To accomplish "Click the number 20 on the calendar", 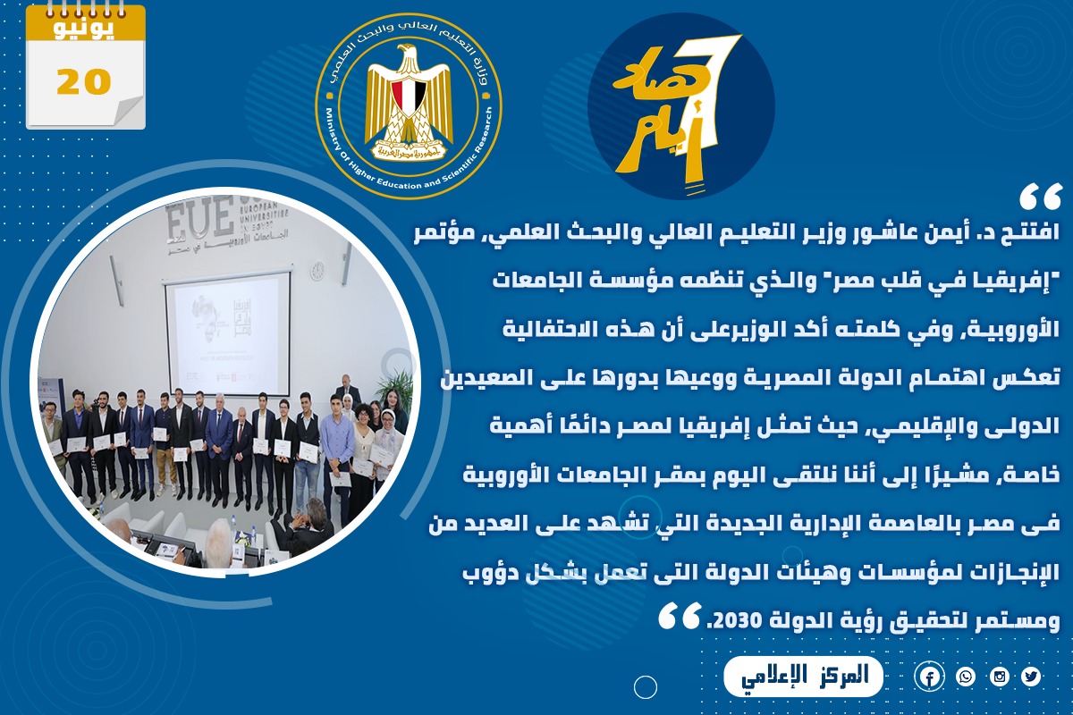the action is [x=84, y=81].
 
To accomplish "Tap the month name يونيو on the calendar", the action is [x=84, y=29].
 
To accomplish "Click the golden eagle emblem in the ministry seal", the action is [x=408, y=102].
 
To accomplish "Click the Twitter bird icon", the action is [x=1030, y=677].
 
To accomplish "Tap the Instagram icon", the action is [x=1000, y=677].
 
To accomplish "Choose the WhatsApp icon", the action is [x=965, y=677].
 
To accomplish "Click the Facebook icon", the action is [x=930, y=677].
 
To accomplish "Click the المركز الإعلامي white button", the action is [x=803, y=677].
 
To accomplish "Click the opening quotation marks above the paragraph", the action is [x=1041, y=198].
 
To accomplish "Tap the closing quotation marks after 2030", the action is [x=680, y=616].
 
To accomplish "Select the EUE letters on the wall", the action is [x=198, y=219].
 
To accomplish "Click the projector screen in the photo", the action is [x=227, y=333].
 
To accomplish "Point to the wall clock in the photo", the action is [x=317, y=271].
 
